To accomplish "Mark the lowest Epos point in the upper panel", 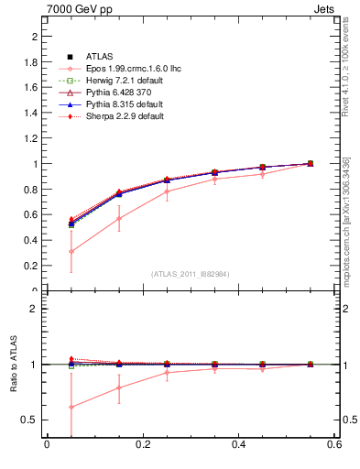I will (71, 251).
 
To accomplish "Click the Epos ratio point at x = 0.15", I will (118, 387).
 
